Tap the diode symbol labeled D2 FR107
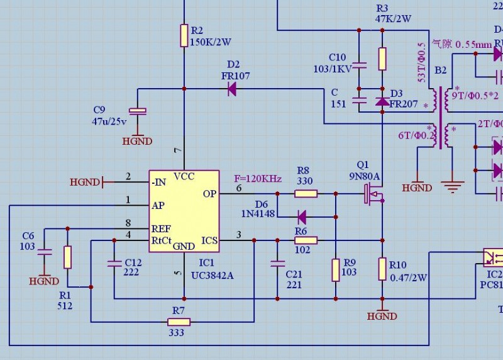pos(232,89)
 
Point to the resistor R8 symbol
pos(306,193)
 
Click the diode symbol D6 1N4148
pos(302,217)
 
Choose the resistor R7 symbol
pos(178,322)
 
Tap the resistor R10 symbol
pos(382,269)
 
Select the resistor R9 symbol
pos(335,269)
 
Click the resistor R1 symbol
pos(67,257)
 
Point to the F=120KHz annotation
pos(258,178)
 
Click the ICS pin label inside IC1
pos(209,240)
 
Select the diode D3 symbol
pos(382,101)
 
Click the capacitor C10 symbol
pos(360,65)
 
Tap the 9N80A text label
pos(365,176)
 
